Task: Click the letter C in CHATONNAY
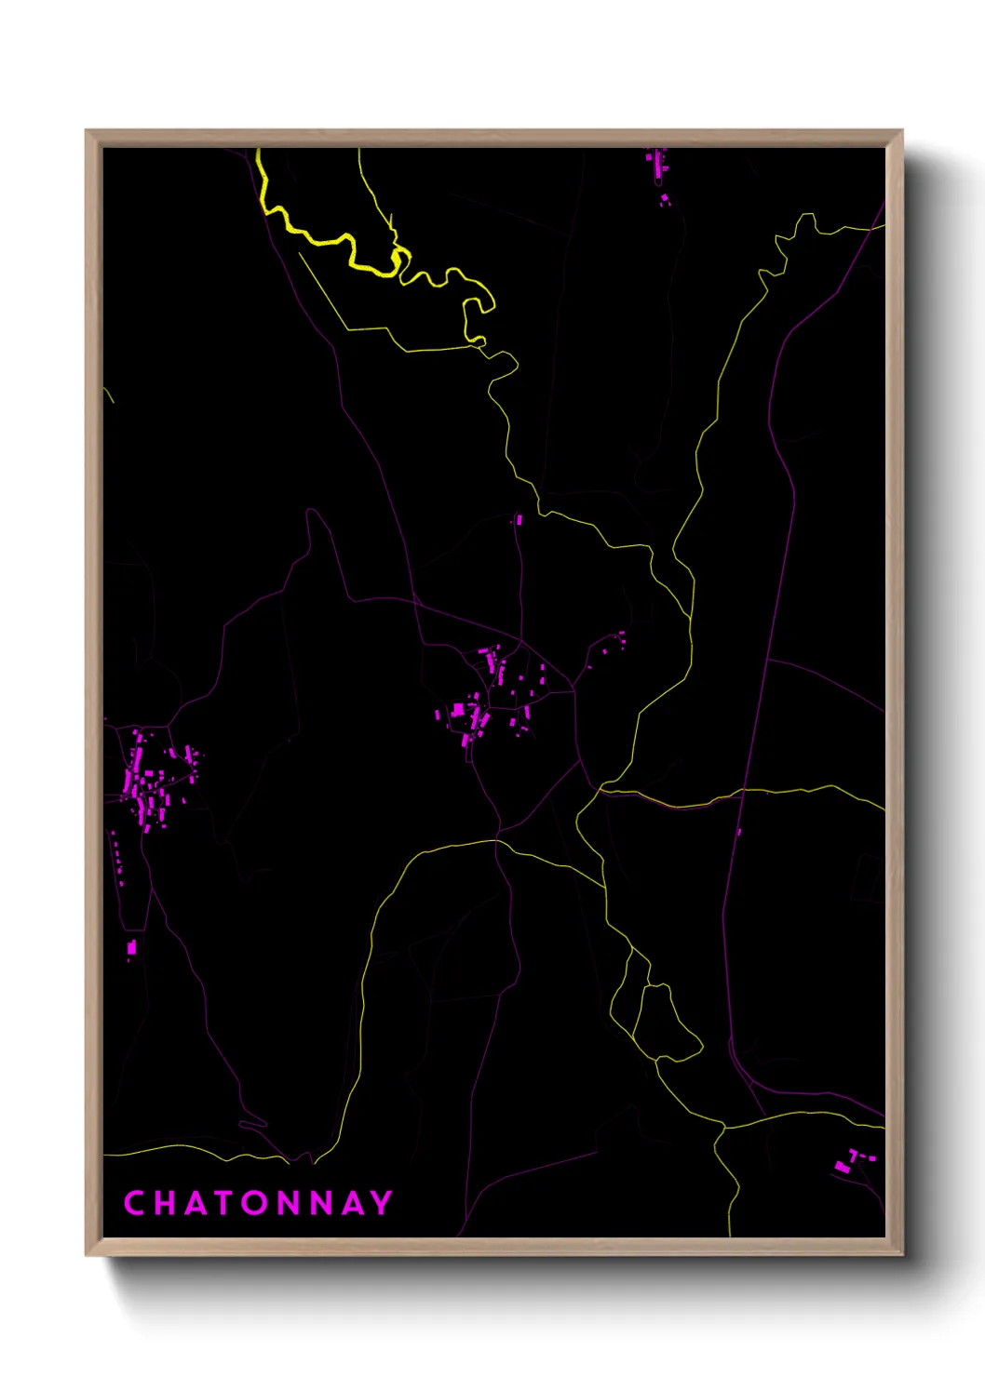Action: coord(134,1203)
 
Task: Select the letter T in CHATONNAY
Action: coord(224,1203)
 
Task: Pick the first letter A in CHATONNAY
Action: coord(195,1203)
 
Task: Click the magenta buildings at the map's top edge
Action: coord(657,167)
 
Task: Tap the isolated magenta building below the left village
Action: coord(131,948)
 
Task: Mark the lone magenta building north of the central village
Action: coord(519,519)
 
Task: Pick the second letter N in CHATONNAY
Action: coord(321,1203)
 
